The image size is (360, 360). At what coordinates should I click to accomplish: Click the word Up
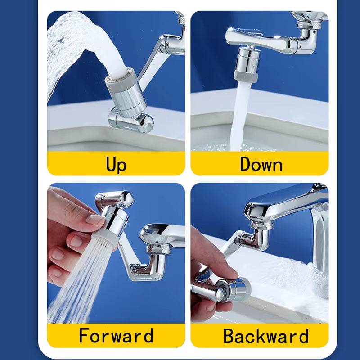tap(116, 164)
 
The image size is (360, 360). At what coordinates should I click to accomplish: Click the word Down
tap(261, 164)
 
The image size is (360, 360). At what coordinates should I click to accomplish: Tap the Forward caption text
tap(116, 336)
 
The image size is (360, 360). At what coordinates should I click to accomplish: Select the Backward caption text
tap(265, 336)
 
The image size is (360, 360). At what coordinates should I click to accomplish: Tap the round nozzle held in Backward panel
tap(234, 288)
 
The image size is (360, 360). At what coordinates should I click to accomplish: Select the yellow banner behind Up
tap(67, 164)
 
